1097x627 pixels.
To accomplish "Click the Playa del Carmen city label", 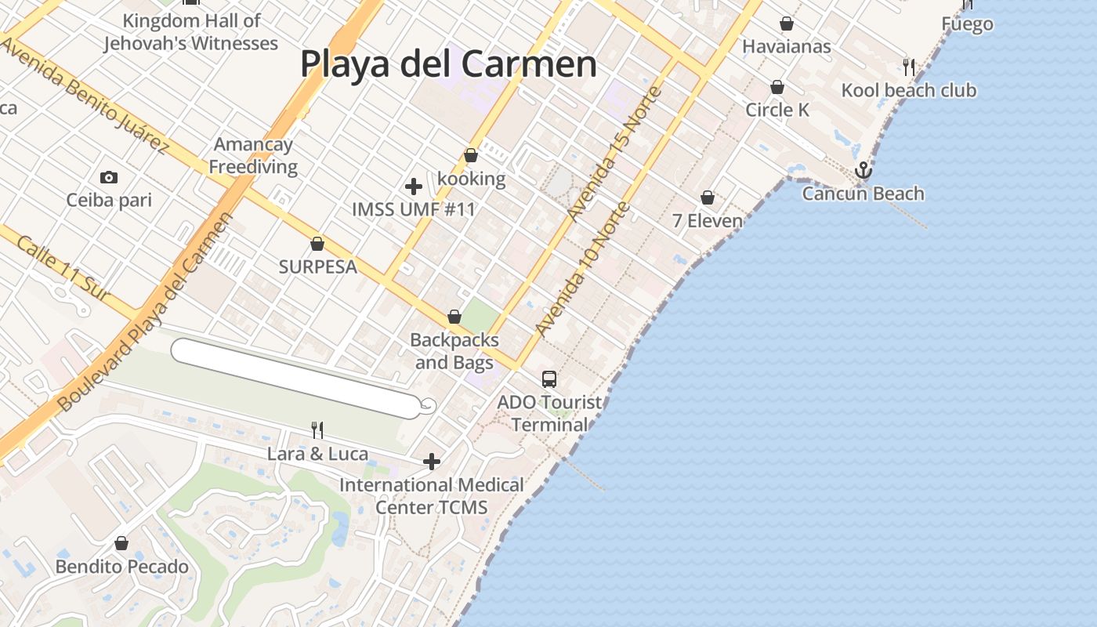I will click(x=448, y=63).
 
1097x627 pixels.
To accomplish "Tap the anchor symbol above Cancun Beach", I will click(x=863, y=170).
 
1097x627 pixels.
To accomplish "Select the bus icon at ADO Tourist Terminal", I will click(x=549, y=379).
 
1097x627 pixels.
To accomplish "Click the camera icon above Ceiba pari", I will click(x=109, y=178).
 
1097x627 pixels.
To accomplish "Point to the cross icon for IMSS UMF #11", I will click(x=414, y=187).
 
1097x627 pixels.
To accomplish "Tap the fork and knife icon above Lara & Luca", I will click(x=317, y=429).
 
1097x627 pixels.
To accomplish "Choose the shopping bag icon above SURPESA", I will click(x=317, y=244).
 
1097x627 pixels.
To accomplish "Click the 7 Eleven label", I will click(x=708, y=221).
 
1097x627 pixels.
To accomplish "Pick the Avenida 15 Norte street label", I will click(x=615, y=154).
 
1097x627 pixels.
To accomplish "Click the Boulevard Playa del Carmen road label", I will click(x=146, y=312).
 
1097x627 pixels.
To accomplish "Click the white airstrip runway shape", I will click(x=296, y=379).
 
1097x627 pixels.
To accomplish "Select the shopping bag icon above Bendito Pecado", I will click(x=121, y=543).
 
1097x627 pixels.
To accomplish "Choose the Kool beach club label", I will click(x=909, y=90).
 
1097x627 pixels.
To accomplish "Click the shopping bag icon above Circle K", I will click(x=777, y=87).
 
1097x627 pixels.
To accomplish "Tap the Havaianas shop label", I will click(x=786, y=46).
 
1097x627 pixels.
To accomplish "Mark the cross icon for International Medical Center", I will click(x=432, y=462).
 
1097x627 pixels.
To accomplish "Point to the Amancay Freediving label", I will click(x=253, y=155).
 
